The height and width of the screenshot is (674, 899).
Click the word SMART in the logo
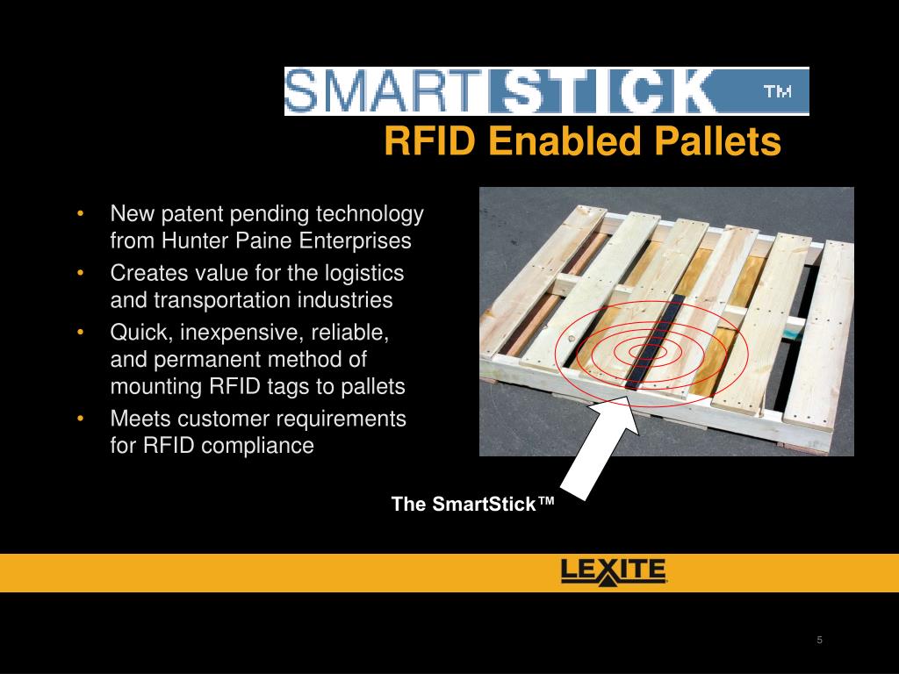(x=383, y=91)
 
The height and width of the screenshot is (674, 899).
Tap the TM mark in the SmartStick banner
(x=777, y=91)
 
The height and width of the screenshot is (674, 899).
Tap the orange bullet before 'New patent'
(x=80, y=214)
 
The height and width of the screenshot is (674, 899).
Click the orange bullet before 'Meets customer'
(x=80, y=419)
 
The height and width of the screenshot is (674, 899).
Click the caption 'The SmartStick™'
(x=473, y=505)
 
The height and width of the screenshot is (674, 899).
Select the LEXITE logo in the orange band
(x=614, y=572)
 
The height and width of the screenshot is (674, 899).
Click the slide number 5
(x=819, y=640)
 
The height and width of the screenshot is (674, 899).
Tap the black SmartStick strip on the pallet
(x=652, y=342)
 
